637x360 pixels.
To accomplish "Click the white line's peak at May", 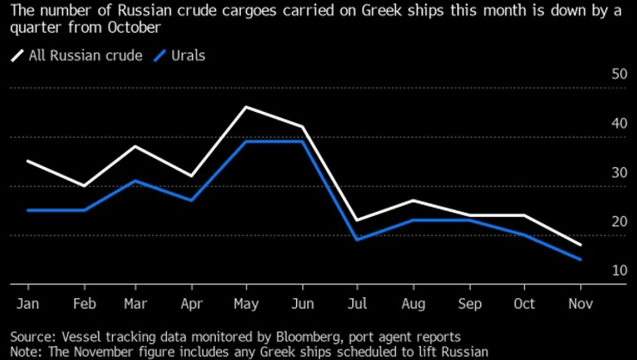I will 246,107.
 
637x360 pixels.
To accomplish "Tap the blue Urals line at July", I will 358,239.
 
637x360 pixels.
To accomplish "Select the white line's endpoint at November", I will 580,245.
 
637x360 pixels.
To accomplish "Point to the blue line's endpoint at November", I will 580,259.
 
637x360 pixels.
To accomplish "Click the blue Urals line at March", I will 135,181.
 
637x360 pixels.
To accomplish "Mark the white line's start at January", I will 28,161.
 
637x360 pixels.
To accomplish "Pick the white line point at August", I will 413,201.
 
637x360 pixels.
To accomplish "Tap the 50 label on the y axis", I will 619,74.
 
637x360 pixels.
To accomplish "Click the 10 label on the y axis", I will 619,271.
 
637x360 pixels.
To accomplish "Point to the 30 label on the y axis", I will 619,173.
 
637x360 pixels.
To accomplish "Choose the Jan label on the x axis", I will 28,304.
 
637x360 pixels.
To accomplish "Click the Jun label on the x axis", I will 302,304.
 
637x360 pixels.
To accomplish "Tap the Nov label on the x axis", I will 580,304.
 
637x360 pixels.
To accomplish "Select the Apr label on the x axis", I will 191,304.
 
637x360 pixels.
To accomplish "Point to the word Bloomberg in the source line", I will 313,336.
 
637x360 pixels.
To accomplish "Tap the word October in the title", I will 132,27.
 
